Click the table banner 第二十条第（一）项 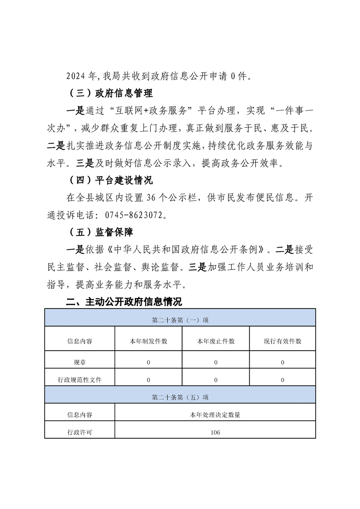point(180,320)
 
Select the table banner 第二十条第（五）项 point(180,397)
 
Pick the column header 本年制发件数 point(148,341)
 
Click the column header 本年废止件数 point(216,341)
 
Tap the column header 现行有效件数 point(282,341)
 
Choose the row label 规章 point(79,362)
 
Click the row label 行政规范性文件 point(79,380)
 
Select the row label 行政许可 point(79,432)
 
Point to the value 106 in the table point(216,432)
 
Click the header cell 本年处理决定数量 point(216,414)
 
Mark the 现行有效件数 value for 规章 point(282,362)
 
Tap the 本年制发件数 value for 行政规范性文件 point(148,380)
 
